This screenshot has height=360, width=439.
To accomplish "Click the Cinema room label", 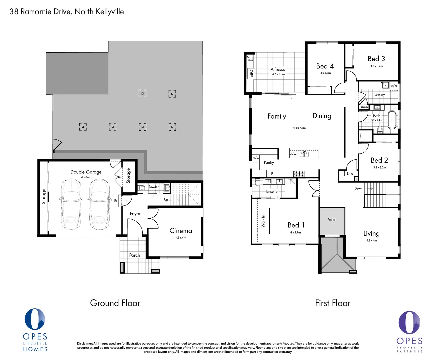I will click(181, 231).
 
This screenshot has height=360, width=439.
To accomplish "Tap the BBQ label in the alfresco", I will click(251, 73).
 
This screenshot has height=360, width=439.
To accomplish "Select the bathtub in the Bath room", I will click(392, 120).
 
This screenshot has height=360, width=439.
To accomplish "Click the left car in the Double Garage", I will click(71, 204).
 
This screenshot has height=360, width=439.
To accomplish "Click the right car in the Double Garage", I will click(100, 204).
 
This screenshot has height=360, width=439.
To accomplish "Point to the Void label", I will click(332, 220).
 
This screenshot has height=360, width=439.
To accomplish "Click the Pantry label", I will click(269, 162).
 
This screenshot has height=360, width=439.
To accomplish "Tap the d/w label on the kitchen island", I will click(293, 154).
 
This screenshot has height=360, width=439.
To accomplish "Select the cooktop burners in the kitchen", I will click(299, 173).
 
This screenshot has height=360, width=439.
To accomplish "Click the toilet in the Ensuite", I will click(257, 182).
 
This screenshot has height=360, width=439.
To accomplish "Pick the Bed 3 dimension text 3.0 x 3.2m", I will click(376, 66).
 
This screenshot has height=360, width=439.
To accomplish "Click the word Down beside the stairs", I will click(358, 188).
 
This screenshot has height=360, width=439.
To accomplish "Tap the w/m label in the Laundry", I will click(394, 86).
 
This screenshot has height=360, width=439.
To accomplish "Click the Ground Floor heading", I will click(115, 303).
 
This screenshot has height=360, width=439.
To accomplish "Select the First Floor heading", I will click(333, 303).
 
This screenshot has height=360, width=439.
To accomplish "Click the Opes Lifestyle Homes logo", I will click(35, 330).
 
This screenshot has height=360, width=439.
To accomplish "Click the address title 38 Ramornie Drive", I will click(67, 12).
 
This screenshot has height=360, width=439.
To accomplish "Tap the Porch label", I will click(135, 255).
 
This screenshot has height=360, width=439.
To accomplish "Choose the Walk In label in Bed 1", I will click(263, 221).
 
